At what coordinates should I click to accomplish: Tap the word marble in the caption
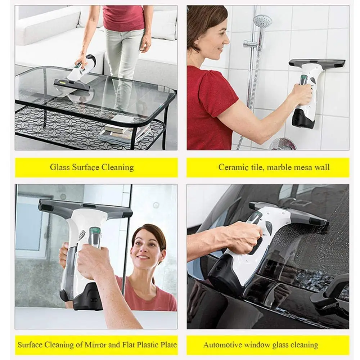276,167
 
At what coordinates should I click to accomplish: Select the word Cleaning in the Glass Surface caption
117,167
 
